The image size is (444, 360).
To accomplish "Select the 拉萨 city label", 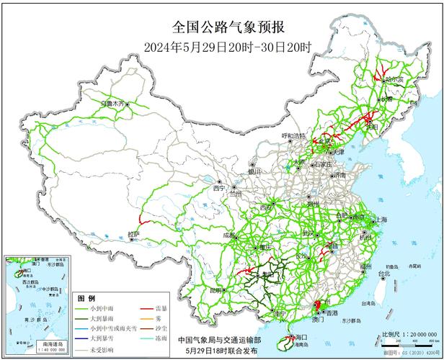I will [133, 234].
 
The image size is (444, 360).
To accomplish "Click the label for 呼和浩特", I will [293, 135].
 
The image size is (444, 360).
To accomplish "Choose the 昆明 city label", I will [216, 290].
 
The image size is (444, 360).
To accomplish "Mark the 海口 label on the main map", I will [300, 337].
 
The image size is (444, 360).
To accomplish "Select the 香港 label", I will [331, 314].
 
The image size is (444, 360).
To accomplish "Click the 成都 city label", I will [230, 235].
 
